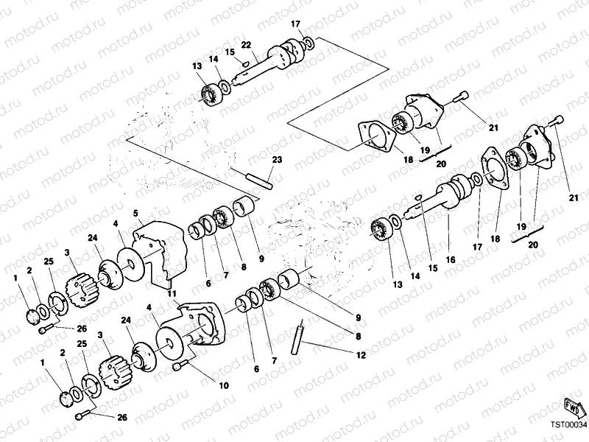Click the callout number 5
tap(136, 214)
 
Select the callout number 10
tap(224, 385)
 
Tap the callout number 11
tap(172, 295)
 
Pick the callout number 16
tap(451, 260)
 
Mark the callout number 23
tap(277, 160)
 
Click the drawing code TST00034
tap(568, 424)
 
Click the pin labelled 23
tap(260, 179)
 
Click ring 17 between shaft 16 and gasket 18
tap(479, 180)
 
